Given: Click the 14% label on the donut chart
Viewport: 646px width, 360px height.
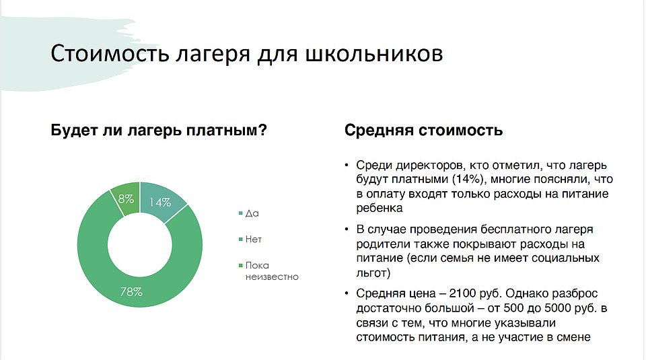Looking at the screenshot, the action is pos(160,203).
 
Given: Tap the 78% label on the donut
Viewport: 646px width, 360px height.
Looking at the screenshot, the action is pos(131,292).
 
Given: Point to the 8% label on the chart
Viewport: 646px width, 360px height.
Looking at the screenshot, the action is pos(126,199).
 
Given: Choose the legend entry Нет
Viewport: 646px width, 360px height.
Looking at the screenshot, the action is pos(254,240).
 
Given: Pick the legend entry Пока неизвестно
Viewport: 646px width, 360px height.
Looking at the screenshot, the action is pos(272,271).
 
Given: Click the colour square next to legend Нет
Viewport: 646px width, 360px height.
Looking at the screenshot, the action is pos(241,240).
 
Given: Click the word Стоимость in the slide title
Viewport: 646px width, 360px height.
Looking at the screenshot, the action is pos(110,54).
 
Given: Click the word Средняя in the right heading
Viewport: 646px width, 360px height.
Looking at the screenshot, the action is pos(379,130).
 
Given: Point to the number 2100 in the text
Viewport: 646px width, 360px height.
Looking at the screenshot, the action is pos(463,293).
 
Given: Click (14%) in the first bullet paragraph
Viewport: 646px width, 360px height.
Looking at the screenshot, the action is pos(468,179).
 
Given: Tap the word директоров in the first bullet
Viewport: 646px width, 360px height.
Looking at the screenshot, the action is pos(431,165).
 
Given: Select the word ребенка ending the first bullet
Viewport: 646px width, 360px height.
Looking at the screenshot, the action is pos(380,208).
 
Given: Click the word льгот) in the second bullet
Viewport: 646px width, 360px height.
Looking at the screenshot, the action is pos(373,273).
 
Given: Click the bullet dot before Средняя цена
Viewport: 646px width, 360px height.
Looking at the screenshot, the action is pos(347,293).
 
